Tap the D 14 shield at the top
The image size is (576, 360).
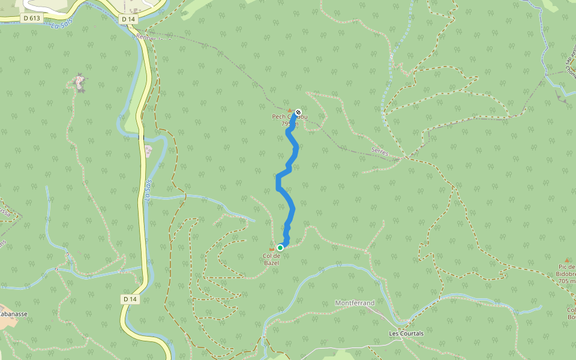pos(128,19)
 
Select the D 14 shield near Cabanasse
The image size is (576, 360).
pos(130,299)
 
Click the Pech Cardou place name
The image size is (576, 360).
pos(290,117)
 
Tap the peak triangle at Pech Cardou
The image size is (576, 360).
pos(290,110)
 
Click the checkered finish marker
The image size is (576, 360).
pos(298,112)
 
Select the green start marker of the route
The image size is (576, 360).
pos(280,247)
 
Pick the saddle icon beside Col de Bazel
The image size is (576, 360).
pos(271,248)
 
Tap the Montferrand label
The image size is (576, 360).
pos(354,303)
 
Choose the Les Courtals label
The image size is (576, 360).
pos(406,334)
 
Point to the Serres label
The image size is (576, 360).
pos(380,154)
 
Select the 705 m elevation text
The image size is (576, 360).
pos(566,280)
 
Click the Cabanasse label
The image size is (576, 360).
pos(13,314)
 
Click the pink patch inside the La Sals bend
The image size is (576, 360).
pos(148,152)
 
